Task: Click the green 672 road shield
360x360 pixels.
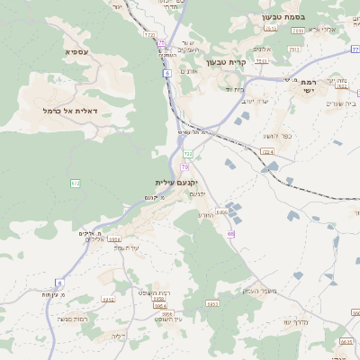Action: [x=76, y=183]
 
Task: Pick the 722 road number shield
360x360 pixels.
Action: [x=188, y=155]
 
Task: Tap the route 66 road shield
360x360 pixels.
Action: [x=231, y=234]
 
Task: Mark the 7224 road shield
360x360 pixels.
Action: [x=266, y=152]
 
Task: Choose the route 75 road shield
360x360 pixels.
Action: [x=161, y=42]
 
